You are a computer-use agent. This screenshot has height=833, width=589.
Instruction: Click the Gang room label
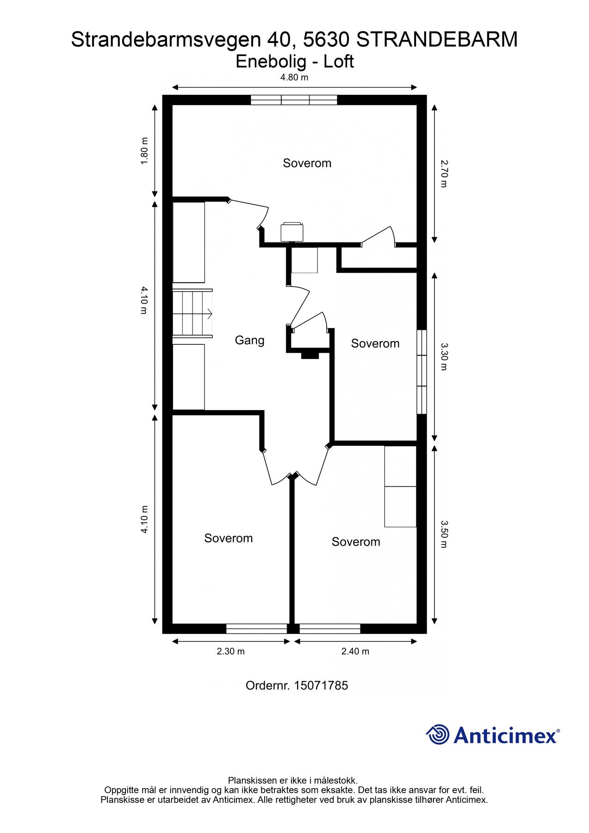[x=249, y=340]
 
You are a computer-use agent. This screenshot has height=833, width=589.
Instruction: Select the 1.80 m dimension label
[x=144, y=151]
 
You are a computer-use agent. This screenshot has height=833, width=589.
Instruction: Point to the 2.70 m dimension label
[x=444, y=174]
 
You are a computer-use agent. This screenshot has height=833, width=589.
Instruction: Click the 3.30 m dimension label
[x=444, y=356]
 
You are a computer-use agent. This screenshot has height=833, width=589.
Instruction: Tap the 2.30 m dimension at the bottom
[x=230, y=651]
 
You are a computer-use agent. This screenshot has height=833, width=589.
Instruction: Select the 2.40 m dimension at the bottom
[x=355, y=651]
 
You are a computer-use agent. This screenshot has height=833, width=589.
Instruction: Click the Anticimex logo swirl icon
[x=438, y=734]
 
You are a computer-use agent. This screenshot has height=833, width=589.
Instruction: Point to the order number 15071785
[x=320, y=685]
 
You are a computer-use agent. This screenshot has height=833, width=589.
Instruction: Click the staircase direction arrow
[x=209, y=313]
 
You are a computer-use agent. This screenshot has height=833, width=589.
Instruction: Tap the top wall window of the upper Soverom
[x=294, y=100]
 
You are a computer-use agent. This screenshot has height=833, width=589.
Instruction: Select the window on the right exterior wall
[x=421, y=371]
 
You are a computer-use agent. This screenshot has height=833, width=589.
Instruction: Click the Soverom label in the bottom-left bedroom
[x=228, y=538]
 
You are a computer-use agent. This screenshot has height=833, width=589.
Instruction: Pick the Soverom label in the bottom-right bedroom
[x=355, y=542]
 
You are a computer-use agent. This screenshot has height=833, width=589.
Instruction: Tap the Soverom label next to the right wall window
[x=375, y=343]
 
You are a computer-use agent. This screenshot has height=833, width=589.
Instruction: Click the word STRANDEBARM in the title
[x=437, y=40]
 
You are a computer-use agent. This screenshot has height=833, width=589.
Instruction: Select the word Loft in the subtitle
[x=338, y=62]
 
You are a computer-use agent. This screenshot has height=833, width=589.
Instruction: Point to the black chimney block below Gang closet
[x=310, y=355]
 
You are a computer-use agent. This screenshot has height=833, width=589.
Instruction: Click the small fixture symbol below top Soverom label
[x=292, y=231]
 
